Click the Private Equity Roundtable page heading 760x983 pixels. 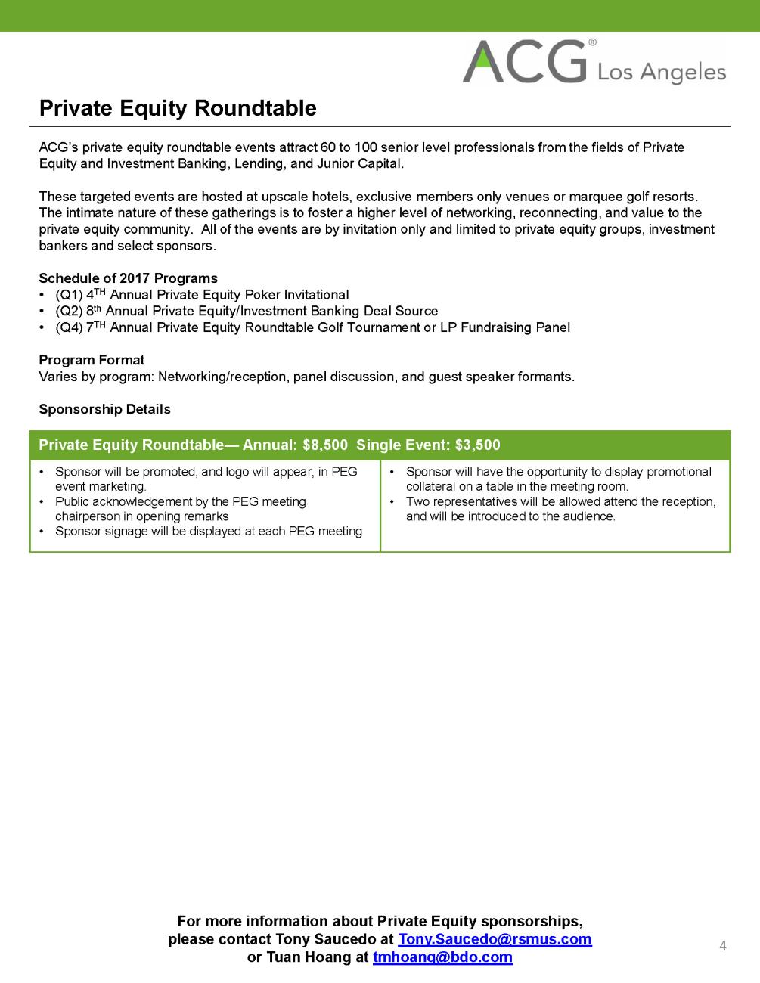(x=178, y=108)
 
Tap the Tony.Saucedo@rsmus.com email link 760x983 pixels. (x=495, y=939)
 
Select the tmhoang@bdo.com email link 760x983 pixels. (x=442, y=957)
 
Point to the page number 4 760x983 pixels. (x=723, y=946)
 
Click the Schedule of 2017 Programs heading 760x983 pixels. (x=128, y=278)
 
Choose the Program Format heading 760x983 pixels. (x=92, y=360)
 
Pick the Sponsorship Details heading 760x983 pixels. (x=104, y=409)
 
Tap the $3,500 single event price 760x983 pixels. (x=478, y=445)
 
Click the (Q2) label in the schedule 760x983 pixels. (x=69, y=311)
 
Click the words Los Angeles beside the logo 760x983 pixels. (x=662, y=72)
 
